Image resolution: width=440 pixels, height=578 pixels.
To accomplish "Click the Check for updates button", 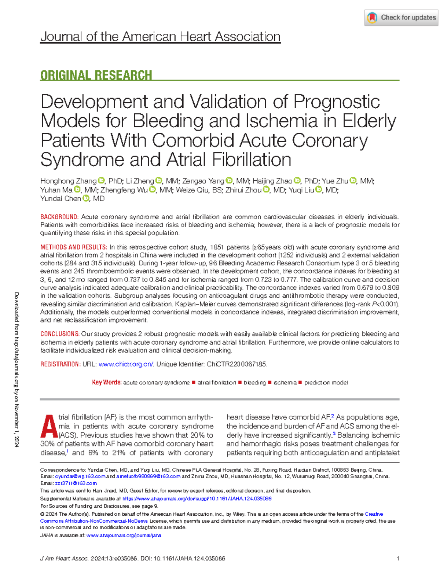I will click(x=401, y=18).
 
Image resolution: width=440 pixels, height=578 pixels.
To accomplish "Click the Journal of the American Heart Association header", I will click(x=160, y=37).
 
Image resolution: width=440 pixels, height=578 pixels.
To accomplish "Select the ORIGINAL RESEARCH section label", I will click(x=96, y=76).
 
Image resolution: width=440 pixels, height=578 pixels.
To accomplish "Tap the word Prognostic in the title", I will click(x=337, y=102).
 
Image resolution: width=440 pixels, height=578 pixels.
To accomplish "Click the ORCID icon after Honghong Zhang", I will click(x=102, y=181).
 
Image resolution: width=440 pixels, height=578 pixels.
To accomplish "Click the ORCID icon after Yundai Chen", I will click(x=86, y=199).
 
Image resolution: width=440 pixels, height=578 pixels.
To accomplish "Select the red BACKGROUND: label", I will click(x=59, y=217).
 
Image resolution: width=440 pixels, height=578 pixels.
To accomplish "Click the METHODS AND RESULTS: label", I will click(x=74, y=247).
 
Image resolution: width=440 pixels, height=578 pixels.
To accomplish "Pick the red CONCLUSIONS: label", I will click(x=60, y=334).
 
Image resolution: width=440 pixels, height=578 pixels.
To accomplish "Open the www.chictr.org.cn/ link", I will click(x=126, y=364).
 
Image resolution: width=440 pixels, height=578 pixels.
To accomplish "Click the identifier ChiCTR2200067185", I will click(x=237, y=364).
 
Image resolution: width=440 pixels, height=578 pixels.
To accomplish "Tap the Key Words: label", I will click(x=107, y=382).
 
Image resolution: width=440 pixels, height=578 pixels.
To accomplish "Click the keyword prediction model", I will click(x=326, y=383).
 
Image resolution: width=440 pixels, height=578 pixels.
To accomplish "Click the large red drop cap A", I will click(x=48, y=426).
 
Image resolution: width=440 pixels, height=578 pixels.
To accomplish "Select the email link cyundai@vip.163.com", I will click(x=80, y=476).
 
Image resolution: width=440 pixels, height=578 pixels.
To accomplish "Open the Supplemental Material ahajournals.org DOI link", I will click(x=197, y=499).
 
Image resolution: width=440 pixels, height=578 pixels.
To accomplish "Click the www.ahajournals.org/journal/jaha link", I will click(x=124, y=535).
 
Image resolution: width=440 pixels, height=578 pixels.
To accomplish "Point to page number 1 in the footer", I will click(x=398, y=559).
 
